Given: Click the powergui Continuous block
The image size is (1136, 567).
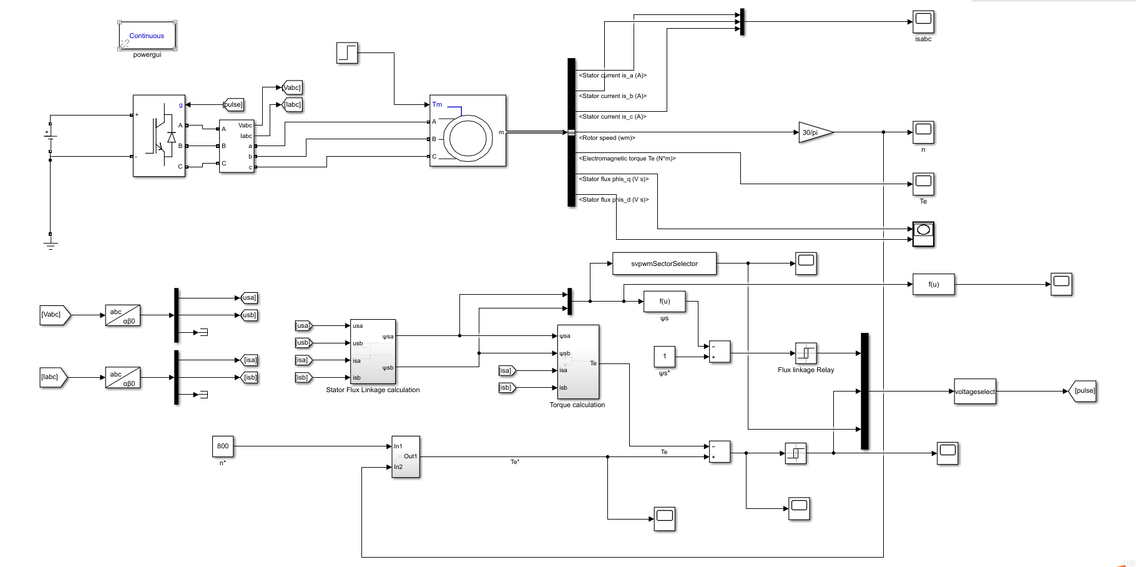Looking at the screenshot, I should pos(147,36).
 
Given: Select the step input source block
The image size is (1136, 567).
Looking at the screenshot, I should pos(347,52).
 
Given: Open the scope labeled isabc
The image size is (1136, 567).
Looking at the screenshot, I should pos(923,22).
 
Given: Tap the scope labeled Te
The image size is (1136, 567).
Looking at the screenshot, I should pos(923,184).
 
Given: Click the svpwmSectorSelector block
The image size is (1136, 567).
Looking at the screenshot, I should pos(664,264).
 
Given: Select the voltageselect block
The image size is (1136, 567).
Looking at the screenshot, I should pos(974,392).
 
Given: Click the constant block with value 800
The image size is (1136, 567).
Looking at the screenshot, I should pos(223,446).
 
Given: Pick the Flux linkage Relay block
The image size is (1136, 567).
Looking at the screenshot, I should pos(805,353).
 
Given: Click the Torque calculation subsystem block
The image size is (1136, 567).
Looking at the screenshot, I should pos(577,362).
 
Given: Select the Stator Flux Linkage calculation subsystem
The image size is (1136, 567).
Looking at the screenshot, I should pos(373,352).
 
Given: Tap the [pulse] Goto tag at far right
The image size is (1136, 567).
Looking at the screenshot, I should pos(1084,391).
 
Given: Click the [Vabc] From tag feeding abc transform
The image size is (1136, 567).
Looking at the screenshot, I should pos(54,315).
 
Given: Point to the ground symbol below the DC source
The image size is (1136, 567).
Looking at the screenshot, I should pos(51,240).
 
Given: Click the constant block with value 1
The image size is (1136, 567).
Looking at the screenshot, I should pos(664,357).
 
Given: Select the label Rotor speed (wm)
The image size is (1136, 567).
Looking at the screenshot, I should pos(607,138).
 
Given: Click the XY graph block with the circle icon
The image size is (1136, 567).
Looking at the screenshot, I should pos(923,234).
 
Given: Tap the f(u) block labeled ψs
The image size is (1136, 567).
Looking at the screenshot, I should pos(664,301).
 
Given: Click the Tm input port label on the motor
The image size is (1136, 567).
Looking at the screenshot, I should pos(437,104).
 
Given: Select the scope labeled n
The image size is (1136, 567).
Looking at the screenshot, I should pos(923,132).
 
